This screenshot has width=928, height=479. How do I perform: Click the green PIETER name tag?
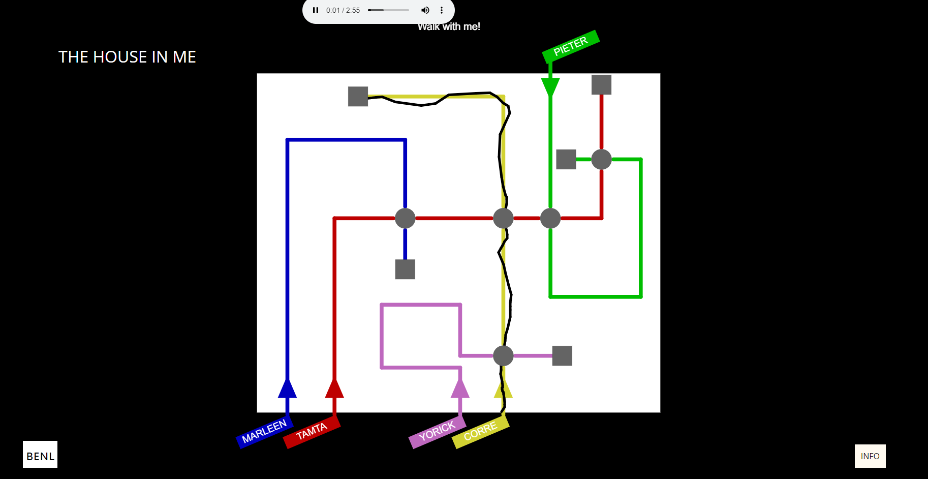571,46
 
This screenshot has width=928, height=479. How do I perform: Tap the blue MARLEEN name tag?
264,432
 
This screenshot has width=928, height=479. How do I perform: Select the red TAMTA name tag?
312,432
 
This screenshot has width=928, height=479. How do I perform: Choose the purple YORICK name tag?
437,432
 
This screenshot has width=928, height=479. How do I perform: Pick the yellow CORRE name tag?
480,432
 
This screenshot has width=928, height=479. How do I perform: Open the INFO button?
870,456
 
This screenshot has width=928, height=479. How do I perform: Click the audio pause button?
316,10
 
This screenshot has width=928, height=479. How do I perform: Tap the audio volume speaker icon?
425,10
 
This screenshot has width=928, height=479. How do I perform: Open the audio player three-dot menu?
442,10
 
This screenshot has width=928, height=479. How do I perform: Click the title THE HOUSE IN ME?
127,57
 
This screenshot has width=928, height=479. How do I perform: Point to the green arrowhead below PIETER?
550,87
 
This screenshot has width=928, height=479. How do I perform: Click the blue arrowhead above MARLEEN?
287,388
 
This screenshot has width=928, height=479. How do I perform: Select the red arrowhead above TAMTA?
334,388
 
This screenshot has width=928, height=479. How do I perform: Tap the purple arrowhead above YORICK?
460,388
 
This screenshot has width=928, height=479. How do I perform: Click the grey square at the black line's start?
358,97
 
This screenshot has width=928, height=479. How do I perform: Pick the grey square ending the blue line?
405,270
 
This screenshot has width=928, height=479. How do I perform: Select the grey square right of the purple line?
562,356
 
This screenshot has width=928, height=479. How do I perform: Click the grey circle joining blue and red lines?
405,219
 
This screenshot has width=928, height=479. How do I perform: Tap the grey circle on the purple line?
503,356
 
